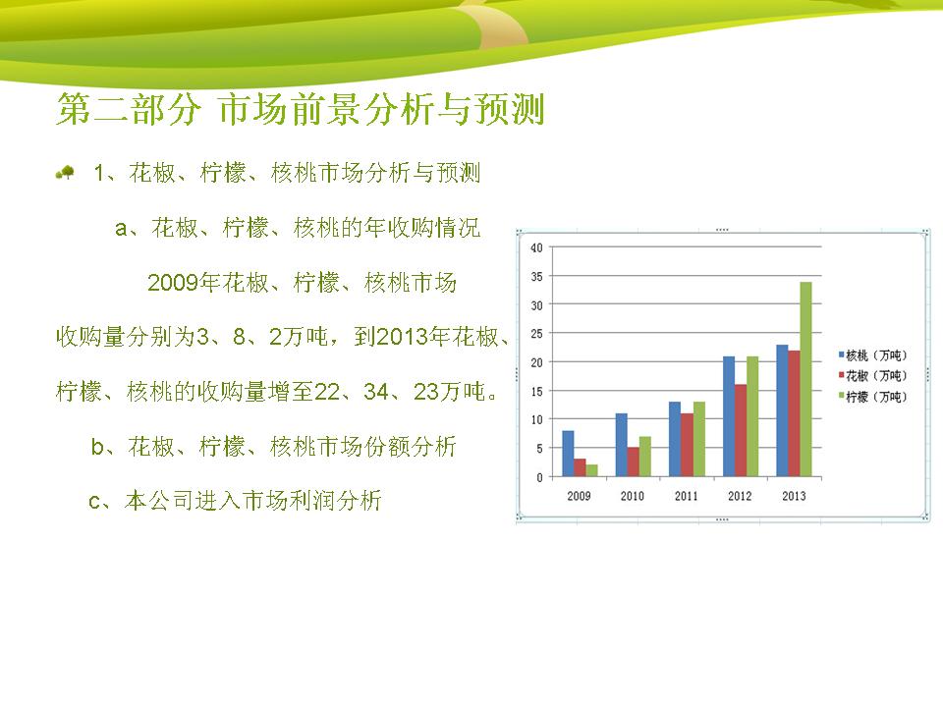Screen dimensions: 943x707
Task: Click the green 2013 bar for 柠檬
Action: click(805, 379)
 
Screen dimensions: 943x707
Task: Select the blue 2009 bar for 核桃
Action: click(568, 454)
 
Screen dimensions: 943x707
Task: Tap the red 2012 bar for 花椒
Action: click(741, 431)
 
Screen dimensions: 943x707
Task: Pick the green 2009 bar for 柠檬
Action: click(591, 470)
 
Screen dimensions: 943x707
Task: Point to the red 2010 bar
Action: click(634, 462)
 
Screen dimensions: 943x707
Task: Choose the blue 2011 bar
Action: click(675, 440)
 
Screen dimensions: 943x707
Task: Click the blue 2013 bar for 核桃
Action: click(782, 411)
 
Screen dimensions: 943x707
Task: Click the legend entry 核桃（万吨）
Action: click(872, 355)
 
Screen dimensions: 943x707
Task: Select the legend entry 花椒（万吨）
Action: click(872, 376)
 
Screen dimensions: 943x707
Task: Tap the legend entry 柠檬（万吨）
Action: click(872, 397)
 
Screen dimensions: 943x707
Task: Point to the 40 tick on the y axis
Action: click(536, 247)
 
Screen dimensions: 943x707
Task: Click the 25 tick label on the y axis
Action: click(536, 334)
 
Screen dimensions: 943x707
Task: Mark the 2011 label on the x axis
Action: click(687, 496)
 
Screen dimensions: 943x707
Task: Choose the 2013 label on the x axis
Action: click(794, 496)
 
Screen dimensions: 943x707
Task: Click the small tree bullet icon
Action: click(65, 173)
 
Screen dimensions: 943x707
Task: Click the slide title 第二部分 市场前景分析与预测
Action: click(301, 109)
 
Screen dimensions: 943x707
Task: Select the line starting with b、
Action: click(274, 447)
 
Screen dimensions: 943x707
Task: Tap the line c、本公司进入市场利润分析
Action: click(235, 501)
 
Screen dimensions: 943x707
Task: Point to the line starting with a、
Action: click(298, 228)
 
